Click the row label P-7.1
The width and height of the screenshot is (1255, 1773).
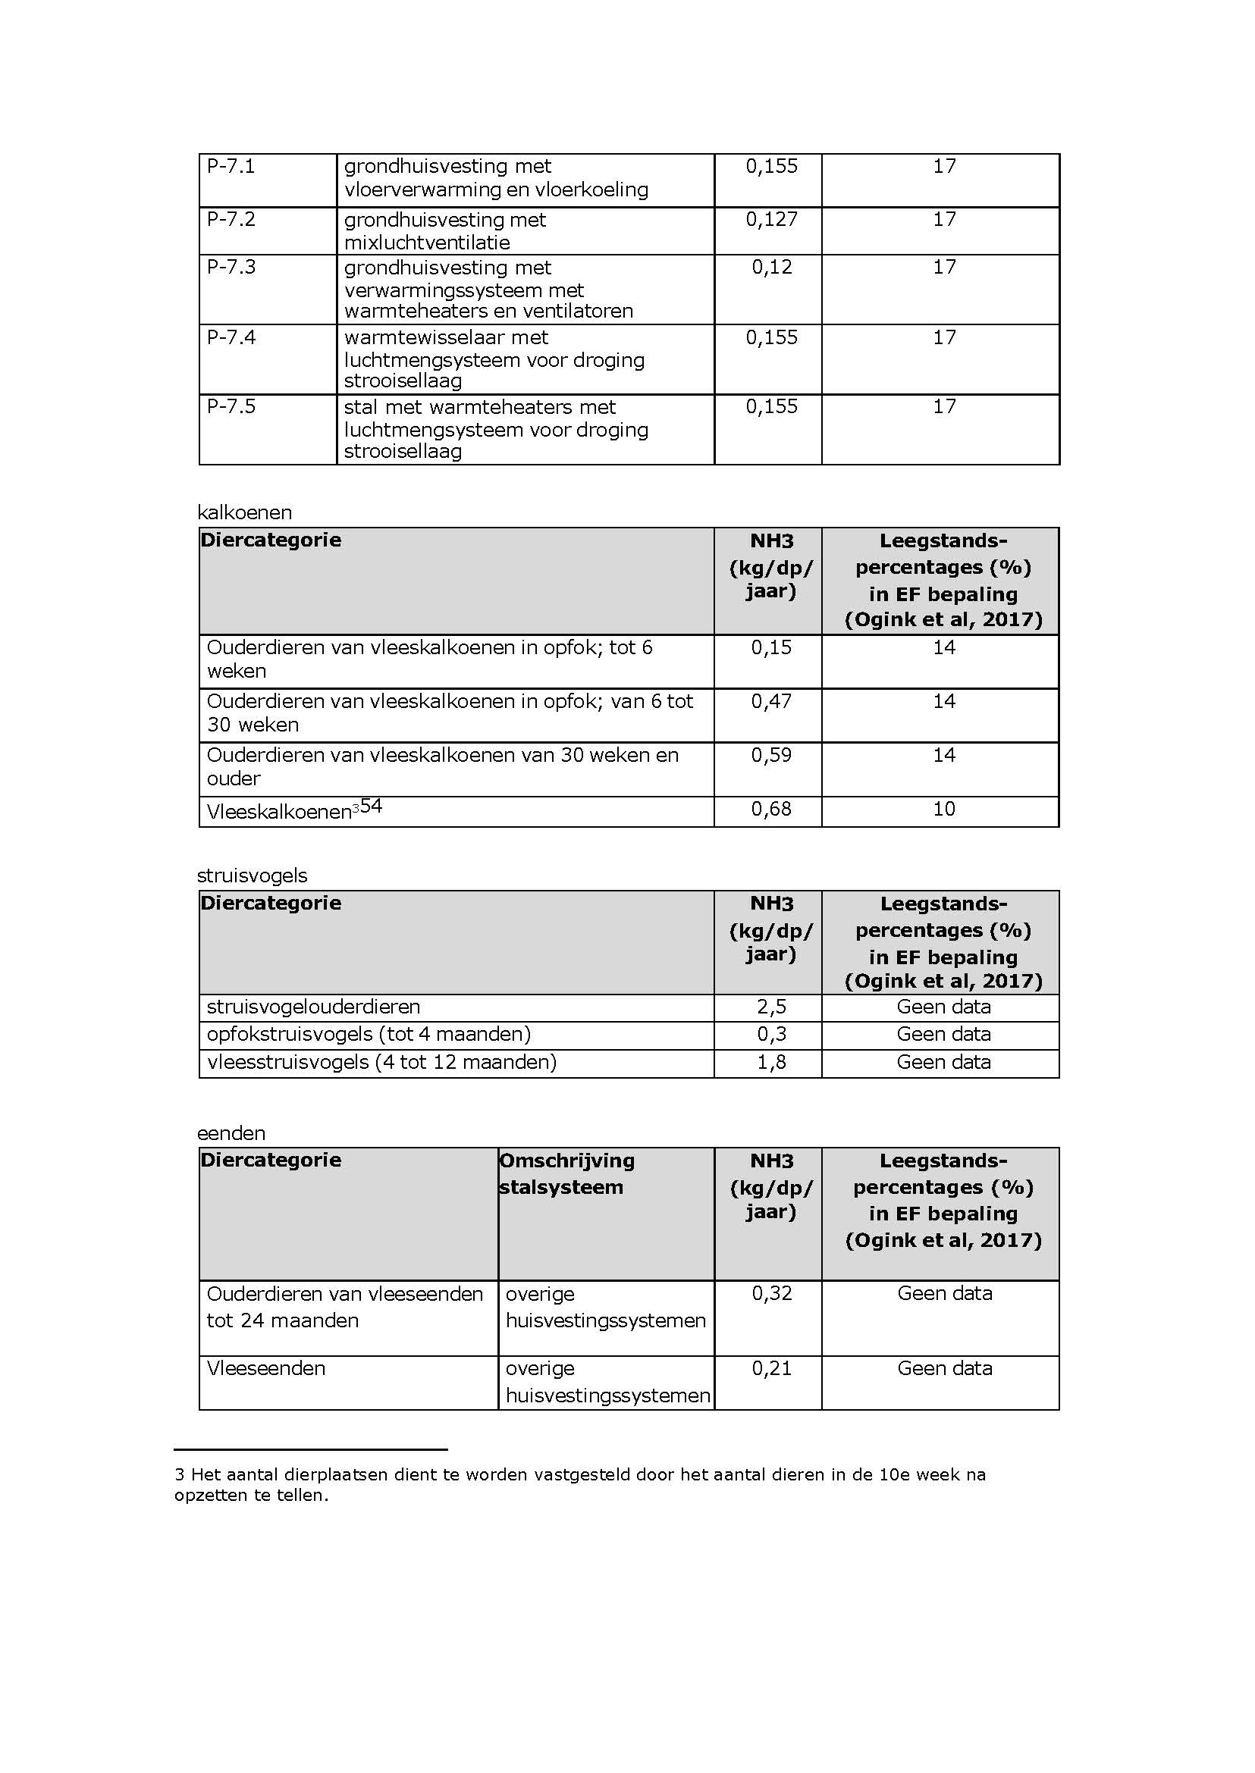click(231, 166)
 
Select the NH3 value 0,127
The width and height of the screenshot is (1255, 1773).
click(770, 219)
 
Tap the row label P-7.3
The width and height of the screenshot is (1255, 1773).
click(231, 268)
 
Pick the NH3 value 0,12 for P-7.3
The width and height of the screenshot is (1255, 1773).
click(771, 268)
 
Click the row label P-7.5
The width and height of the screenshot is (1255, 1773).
click(231, 406)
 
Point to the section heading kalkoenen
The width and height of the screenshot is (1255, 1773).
click(244, 512)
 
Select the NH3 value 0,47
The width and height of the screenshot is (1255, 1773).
click(770, 701)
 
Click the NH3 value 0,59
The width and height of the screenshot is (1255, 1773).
click(770, 755)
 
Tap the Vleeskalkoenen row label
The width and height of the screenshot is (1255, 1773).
click(279, 812)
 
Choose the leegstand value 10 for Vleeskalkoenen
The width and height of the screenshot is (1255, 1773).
click(943, 809)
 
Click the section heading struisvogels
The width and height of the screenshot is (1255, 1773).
click(252, 876)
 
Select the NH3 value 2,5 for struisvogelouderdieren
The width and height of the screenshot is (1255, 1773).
click(770, 1007)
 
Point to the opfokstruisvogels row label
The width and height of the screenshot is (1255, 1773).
click(368, 1035)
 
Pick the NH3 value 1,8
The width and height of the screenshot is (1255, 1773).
click(770, 1062)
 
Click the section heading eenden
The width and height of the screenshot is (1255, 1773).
click(231, 1133)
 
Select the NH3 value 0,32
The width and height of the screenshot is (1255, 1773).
click(771, 1293)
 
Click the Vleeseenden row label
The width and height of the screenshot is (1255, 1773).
click(266, 1368)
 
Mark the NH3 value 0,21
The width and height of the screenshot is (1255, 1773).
click(771, 1368)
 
